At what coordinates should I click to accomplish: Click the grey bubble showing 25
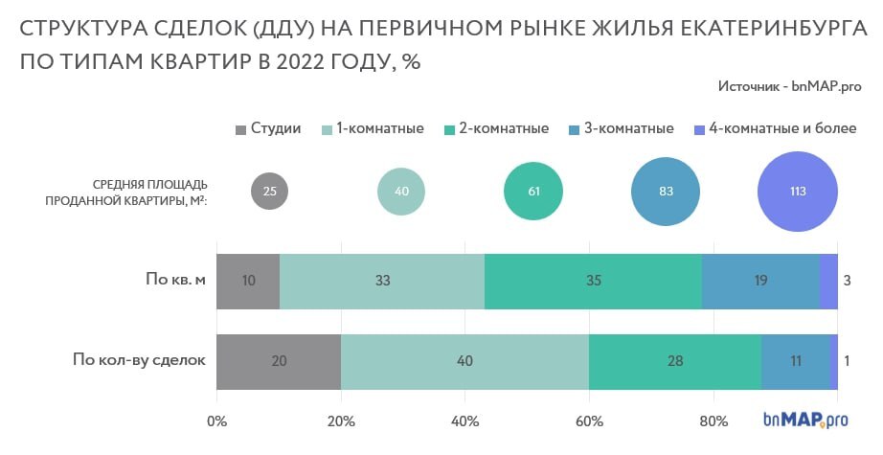pyautogui.click(x=269, y=191)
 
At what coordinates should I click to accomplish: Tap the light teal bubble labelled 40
pyautogui.click(x=401, y=191)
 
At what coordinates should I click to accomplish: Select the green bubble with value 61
pyautogui.click(x=533, y=191)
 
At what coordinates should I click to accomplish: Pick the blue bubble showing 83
pyautogui.click(x=667, y=191)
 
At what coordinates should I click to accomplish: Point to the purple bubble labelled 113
pyautogui.click(x=798, y=191)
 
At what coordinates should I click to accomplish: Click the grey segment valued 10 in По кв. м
pyautogui.click(x=248, y=282)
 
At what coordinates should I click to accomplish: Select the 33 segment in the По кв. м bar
pyautogui.click(x=382, y=282)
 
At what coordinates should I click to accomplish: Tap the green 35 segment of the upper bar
pyautogui.click(x=593, y=282)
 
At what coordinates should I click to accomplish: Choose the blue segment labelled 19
pyautogui.click(x=760, y=282)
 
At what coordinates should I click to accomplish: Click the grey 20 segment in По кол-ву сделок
pyautogui.click(x=279, y=361)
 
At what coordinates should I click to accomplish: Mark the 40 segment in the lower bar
pyautogui.click(x=464, y=361)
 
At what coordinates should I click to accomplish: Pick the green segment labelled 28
pyautogui.click(x=675, y=361)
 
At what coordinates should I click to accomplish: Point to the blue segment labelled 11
pyautogui.click(x=795, y=361)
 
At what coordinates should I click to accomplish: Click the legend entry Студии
pyautogui.click(x=267, y=128)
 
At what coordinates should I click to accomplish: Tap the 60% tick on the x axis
pyautogui.click(x=589, y=421)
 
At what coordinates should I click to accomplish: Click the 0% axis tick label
pyautogui.click(x=217, y=421)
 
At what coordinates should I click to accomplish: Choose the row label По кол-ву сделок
pyautogui.click(x=140, y=361)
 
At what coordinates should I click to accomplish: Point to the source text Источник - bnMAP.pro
pyautogui.click(x=789, y=86)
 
